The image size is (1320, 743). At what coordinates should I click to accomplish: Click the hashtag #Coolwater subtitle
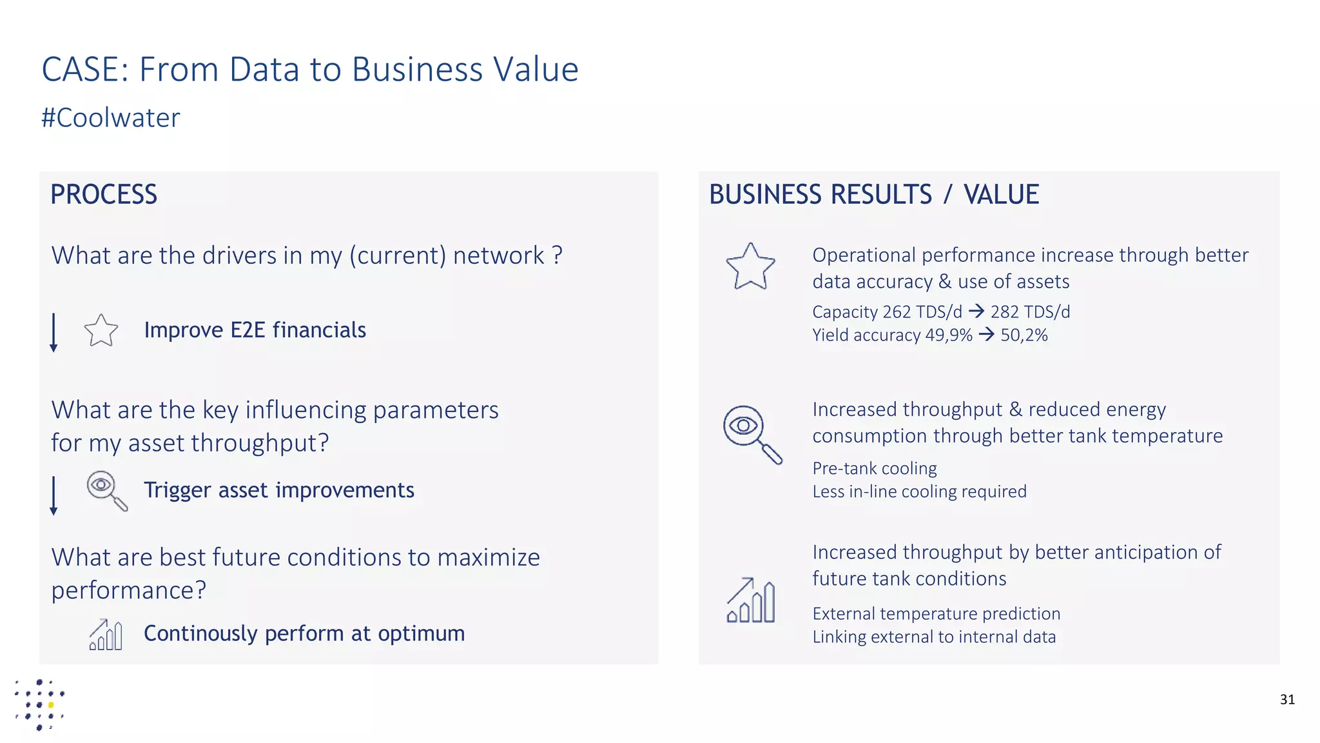point(110,118)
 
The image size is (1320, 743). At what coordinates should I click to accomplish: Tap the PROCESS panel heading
point(104,194)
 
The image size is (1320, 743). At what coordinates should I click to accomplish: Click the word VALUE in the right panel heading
point(1001,194)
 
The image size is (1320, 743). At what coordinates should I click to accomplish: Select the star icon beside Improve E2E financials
point(101,330)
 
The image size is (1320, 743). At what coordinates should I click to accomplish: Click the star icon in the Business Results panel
point(750,266)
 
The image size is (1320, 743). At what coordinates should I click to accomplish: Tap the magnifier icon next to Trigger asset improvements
point(106,490)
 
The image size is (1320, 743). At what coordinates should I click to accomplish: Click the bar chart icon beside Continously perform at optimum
point(106,635)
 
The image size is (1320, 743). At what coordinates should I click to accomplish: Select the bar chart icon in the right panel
point(751,600)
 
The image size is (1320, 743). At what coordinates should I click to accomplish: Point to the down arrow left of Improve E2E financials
point(53,332)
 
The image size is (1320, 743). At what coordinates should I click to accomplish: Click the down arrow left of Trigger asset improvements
point(53,495)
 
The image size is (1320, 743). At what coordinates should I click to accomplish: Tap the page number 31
point(1287,700)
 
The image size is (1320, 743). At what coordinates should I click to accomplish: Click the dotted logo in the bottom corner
point(40,704)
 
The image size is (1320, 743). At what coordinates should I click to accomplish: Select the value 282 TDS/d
point(1030,312)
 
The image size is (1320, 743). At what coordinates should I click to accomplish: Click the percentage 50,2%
point(1024,335)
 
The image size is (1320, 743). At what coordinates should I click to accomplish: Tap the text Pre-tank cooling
point(875,468)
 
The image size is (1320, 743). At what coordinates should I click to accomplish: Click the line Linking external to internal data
point(934,637)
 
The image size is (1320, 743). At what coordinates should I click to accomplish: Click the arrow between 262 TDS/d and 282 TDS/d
point(976,312)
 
